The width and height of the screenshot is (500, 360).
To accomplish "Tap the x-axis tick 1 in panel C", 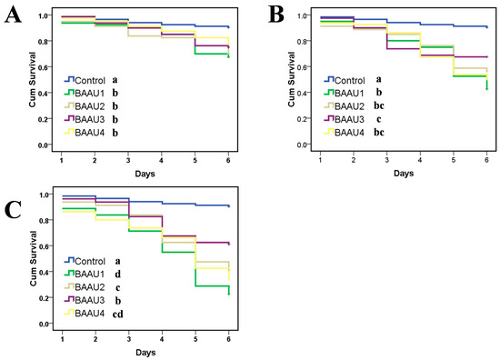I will click(61, 338).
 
